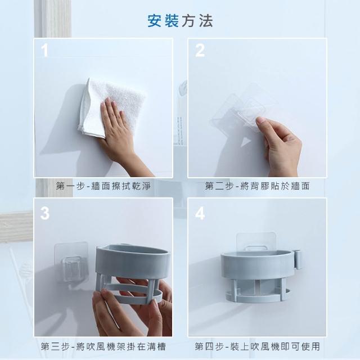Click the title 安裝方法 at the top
click(180, 21)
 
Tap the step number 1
click(45, 50)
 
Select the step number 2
click(200, 50)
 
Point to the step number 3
click(45, 213)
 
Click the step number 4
click(200, 213)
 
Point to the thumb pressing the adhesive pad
click(264, 123)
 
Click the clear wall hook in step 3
click(71, 262)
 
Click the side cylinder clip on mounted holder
click(298, 259)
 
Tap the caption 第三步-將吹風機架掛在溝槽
click(103, 346)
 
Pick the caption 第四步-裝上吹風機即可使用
click(258, 346)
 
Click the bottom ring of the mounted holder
click(257, 299)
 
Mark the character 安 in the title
click(155, 21)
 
